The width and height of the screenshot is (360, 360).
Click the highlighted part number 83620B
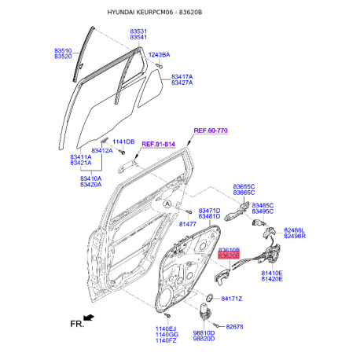click(229, 255)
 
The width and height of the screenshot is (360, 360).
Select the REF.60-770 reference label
click(211, 130)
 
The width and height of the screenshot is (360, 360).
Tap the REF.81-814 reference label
click(158, 145)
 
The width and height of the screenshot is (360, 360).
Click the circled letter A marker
click(167, 204)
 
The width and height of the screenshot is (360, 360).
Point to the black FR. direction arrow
click(89, 318)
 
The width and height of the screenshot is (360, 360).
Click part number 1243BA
click(159, 55)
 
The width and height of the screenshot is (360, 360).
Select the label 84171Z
click(232, 299)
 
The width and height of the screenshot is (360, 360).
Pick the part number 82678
click(234, 327)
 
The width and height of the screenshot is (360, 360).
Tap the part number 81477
click(188, 224)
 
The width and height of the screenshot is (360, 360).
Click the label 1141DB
click(123, 141)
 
